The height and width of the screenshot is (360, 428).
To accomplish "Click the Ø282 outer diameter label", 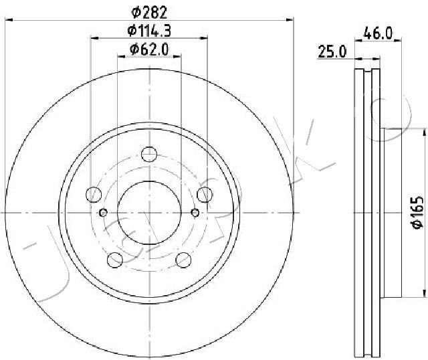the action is tap(149, 12).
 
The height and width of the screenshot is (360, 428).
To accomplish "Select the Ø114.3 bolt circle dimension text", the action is tap(149, 31).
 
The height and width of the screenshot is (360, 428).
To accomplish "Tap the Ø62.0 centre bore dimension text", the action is tap(149, 50).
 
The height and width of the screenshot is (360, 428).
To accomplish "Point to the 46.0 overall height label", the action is tap(378, 33).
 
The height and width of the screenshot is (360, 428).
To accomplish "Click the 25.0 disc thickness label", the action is tap(332, 52).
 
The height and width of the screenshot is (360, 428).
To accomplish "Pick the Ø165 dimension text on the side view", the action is tap(417, 212).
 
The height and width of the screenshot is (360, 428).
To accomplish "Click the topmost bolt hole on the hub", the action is tap(149, 155).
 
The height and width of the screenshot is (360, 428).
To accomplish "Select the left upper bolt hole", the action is tap(94, 195).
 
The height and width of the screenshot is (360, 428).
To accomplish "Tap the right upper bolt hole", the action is tap(205, 195).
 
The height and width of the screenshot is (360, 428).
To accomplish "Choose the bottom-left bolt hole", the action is tap(115, 260).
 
